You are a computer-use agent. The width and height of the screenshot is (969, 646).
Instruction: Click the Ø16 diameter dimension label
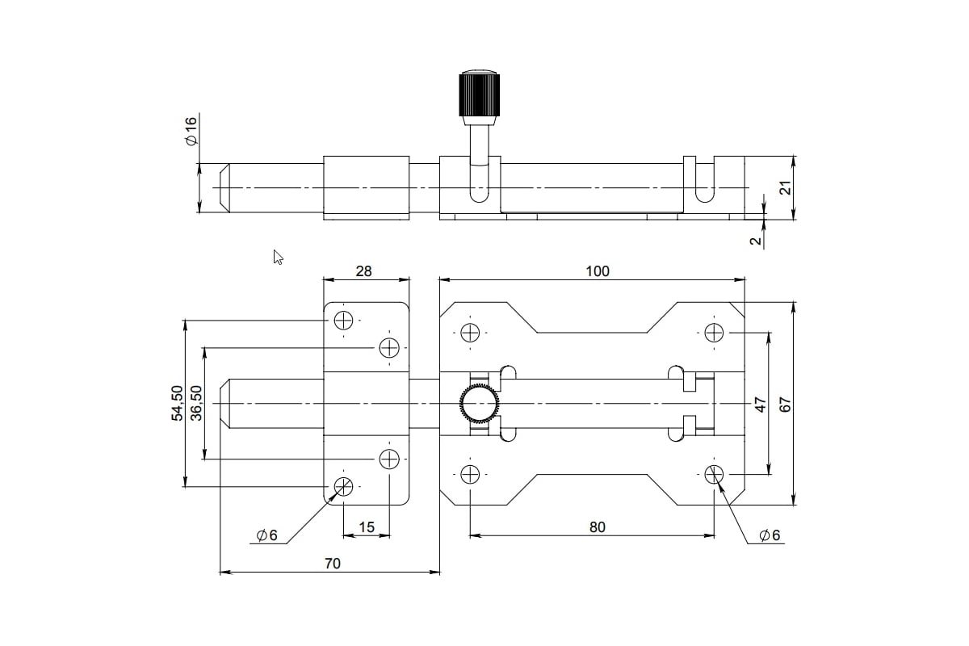coord(191,131)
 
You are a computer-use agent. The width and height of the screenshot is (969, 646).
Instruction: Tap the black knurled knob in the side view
coord(479,95)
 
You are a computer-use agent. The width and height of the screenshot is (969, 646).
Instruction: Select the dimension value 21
coord(782,187)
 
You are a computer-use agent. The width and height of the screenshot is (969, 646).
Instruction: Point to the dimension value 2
coord(756,241)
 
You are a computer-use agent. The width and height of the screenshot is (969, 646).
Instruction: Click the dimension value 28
coord(364,271)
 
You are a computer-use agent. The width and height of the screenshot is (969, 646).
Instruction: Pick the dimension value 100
coord(597,271)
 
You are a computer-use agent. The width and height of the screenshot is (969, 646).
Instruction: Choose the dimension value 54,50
coord(177,404)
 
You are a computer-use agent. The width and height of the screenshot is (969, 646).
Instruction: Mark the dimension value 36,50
coord(195,404)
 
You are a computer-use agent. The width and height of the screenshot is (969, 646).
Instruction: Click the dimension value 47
coord(760,404)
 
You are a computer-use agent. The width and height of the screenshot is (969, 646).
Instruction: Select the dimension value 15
coord(366,527)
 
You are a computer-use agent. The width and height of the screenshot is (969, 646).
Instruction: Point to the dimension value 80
coord(597,527)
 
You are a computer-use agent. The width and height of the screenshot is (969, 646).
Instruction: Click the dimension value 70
coord(332,564)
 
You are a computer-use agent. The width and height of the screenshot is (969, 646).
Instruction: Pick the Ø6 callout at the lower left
coord(266,535)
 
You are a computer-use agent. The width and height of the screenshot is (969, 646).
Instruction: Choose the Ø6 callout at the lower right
coord(770,535)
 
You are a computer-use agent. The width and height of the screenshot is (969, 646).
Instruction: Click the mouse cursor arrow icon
coord(278,258)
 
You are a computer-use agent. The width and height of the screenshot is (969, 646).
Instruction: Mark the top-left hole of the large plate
coord(470,332)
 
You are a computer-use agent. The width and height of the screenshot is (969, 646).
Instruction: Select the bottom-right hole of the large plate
coord(714,474)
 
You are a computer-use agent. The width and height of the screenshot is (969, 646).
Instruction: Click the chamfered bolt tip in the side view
coord(227,188)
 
